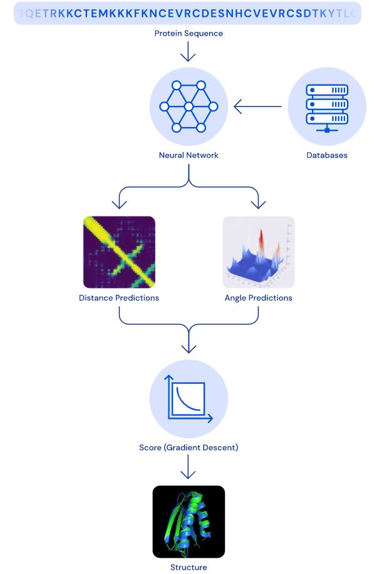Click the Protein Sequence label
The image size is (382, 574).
[188, 33]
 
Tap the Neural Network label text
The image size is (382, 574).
[188, 155]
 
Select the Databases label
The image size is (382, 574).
[326, 155]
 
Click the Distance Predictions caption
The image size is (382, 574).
[119, 298]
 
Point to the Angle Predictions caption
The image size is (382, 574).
[258, 298]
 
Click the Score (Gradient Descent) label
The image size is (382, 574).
[188, 448]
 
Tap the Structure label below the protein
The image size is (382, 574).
[188, 567]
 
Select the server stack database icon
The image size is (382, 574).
[326, 106]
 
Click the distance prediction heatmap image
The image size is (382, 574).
[119, 252]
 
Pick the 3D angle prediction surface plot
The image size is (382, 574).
[258, 252]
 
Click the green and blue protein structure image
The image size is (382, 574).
[188, 521]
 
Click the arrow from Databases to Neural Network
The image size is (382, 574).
[257, 107]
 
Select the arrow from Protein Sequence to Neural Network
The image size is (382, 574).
[188, 53]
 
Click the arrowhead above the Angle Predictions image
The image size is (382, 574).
[258, 204]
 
